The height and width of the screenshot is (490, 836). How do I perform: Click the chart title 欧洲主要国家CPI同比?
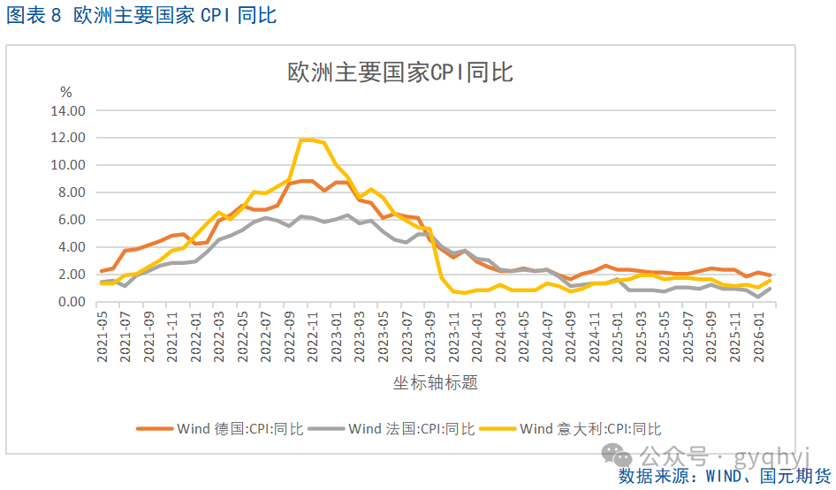pyautogui.click(x=400, y=73)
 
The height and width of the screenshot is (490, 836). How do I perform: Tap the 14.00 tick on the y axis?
pyautogui.click(x=68, y=111)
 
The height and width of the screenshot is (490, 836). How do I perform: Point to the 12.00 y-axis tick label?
pyautogui.click(x=68, y=139)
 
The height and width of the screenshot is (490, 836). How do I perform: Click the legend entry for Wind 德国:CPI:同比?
pyautogui.click(x=220, y=429)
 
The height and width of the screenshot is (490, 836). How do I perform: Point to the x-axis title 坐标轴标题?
pyautogui.click(x=436, y=382)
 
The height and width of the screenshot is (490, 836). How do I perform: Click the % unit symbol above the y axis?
pyautogui.click(x=65, y=92)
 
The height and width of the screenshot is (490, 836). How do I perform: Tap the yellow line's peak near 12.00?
pyautogui.click(x=307, y=139)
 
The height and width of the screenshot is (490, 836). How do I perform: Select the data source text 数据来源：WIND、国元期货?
pyautogui.click(x=725, y=477)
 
